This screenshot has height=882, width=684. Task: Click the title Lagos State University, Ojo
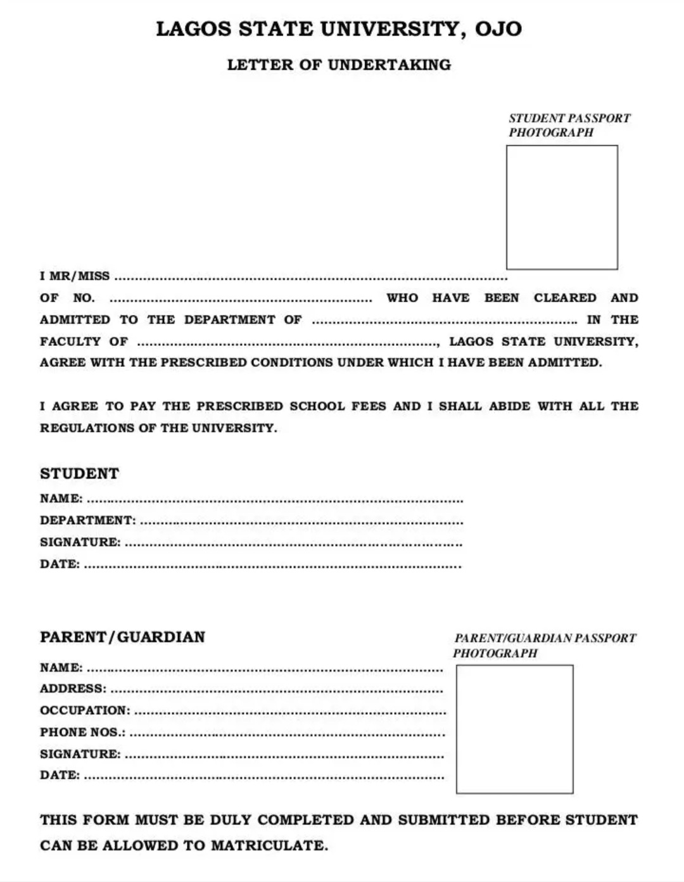click(339, 29)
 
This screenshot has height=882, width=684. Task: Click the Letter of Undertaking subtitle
click(339, 65)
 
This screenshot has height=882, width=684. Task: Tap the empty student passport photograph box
click(562, 207)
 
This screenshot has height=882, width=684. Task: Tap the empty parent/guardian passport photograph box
click(514, 729)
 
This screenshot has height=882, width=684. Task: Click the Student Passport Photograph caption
click(569, 125)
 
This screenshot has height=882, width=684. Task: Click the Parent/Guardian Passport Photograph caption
click(544, 646)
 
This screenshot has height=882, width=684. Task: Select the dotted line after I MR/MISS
click(310, 278)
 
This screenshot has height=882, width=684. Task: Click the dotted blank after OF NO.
click(241, 299)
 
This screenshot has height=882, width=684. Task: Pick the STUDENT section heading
click(79, 474)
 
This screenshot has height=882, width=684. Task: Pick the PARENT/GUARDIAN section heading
click(122, 637)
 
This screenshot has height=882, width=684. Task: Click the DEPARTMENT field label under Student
click(87, 520)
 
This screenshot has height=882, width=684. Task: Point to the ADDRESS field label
click(73, 689)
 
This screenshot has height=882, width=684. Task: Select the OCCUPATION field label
click(85, 710)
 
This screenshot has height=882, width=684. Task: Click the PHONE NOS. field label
click(82, 732)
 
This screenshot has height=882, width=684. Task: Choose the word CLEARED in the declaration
click(565, 298)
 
